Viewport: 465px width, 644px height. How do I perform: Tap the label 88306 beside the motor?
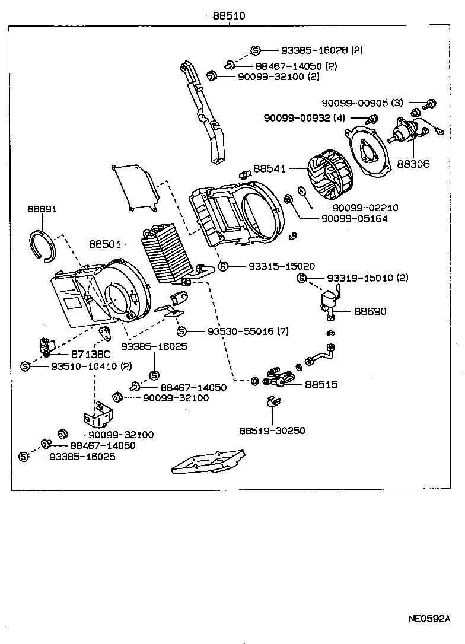(413, 164)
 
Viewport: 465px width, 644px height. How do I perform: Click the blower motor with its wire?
(410, 133)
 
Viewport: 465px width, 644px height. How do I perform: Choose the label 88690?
(370, 311)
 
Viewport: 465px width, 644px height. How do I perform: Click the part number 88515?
(321, 384)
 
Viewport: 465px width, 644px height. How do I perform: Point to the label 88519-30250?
(272, 431)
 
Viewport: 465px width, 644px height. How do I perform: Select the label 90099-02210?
(365, 208)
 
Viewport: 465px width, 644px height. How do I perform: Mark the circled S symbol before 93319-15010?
(301, 278)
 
